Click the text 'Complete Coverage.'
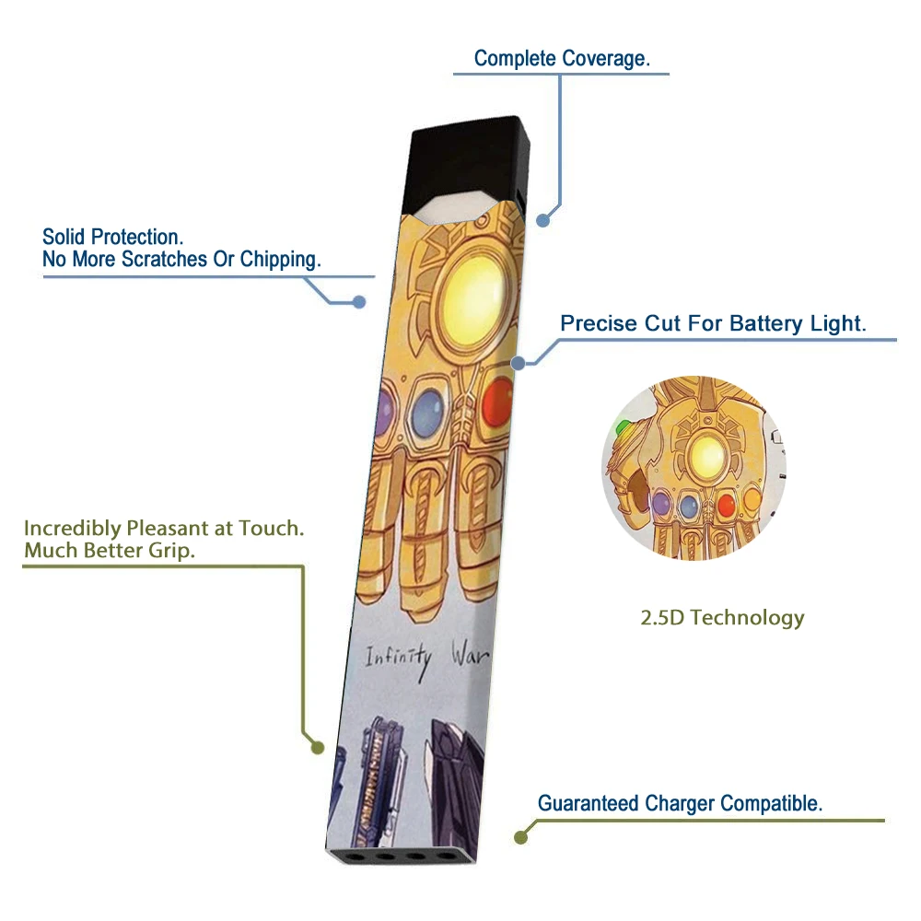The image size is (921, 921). click(x=562, y=59)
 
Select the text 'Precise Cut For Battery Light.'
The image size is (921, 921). click(x=714, y=323)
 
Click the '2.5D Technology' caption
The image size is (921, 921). click(x=722, y=617)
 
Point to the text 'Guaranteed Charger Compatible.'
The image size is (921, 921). click(x=680, y=803)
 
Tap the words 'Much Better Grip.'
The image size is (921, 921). click(x=110, y=551)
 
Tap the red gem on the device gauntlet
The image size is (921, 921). click(x=497, y=402)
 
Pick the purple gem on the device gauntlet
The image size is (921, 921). click(x=384, y=406)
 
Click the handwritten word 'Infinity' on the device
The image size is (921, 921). click(x=398, y=658)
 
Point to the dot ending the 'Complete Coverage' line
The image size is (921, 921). click(x=543, y=220)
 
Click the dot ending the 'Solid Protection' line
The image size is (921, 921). click(x=359, y=301)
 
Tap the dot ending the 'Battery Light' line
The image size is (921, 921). click(x=519, y=363)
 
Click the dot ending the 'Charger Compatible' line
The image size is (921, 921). click(x=521, y=838)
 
